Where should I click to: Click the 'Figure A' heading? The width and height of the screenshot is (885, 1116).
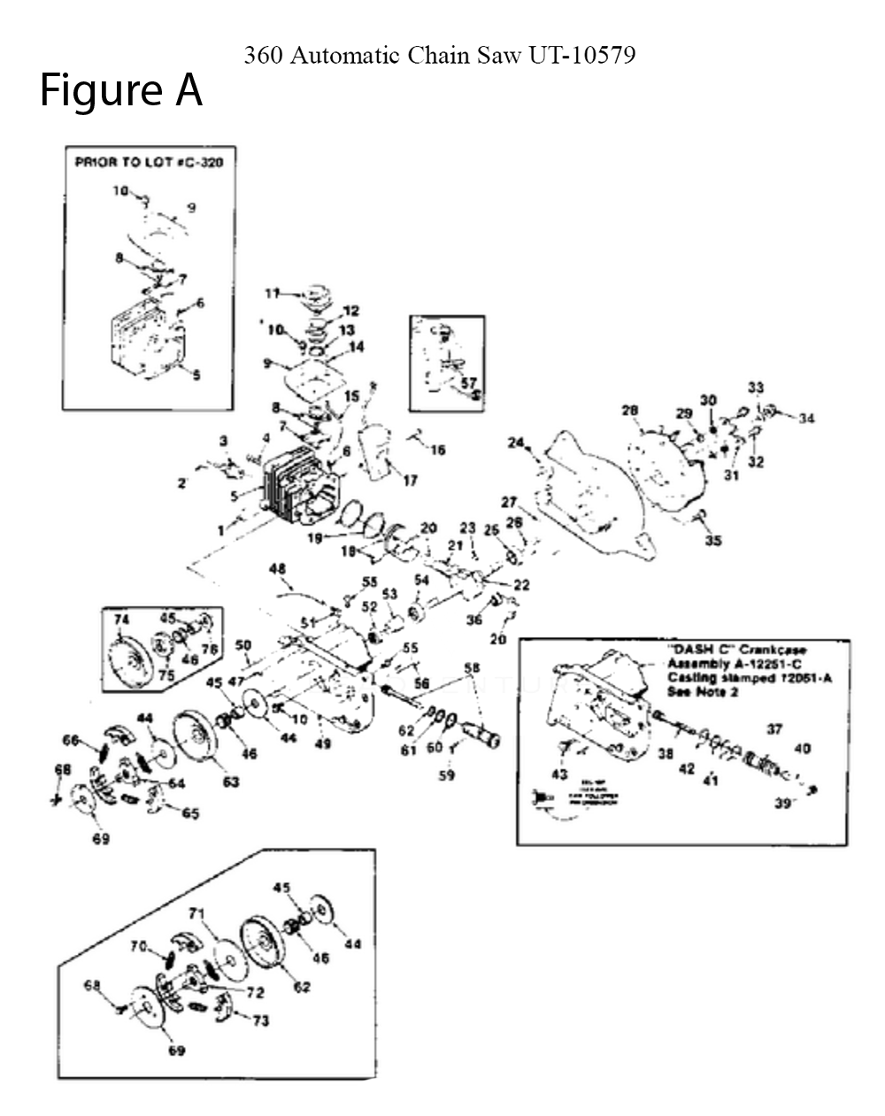pos(121,91)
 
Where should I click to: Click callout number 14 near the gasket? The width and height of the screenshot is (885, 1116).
pos(355,347)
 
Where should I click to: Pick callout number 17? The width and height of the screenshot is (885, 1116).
pos(410,481)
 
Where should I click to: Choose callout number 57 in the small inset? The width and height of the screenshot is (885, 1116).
pos(468,382)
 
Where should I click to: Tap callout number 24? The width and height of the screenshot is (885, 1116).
pos(515,443)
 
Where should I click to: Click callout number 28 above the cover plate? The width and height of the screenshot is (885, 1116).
pos(629,411)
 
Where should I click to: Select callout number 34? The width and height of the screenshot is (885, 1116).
pos(806,419)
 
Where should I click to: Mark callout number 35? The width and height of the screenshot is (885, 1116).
pos(712,541)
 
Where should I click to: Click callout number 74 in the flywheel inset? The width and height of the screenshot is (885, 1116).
pos(121,620)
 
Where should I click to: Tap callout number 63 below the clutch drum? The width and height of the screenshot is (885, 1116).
pos(230,781)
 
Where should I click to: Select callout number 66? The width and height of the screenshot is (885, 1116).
pos(71,740)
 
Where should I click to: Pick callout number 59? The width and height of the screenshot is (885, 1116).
pos(448,775)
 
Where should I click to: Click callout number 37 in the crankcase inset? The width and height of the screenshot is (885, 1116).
pos(774,729)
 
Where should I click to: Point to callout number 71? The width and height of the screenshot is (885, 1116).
pos(196,912)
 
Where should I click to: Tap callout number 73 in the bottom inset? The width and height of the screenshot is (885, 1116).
pos(260,1020)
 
